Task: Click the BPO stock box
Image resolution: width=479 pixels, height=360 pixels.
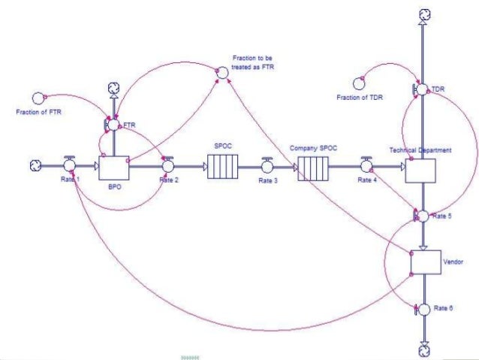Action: (115, 168)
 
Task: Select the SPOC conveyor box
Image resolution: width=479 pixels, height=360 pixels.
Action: (222, 167)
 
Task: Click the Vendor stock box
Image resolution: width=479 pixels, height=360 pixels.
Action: (424, 262)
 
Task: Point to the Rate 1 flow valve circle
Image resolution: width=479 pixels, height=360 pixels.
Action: (70, 165)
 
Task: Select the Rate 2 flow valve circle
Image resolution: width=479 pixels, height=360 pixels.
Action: (168, 165)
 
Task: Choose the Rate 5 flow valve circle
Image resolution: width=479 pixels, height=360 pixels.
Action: (423, 216)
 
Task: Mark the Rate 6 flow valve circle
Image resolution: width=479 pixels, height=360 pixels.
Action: (423, 309)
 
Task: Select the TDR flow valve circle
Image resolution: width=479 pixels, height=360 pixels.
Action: (423, 89)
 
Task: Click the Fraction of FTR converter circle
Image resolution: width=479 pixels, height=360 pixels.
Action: (38, 98)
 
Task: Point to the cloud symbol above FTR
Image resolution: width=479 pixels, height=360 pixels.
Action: (113, 88)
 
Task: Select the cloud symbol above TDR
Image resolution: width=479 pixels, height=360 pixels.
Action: (423, 14)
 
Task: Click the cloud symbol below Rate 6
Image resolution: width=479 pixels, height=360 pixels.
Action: (423, 348)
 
